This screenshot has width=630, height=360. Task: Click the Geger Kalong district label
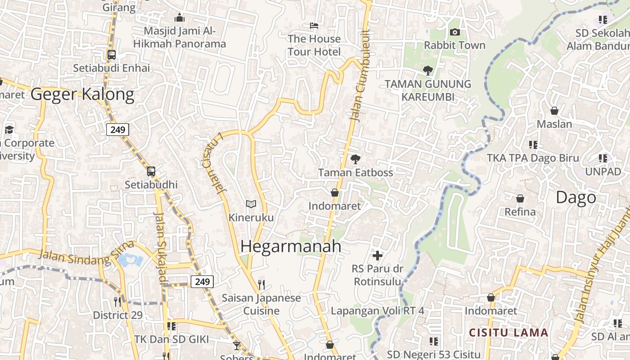pos(82,94)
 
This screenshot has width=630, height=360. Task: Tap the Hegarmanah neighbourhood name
pos(291,246)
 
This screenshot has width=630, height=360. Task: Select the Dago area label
pos(576,197)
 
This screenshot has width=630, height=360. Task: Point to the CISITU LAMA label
pos(508,333)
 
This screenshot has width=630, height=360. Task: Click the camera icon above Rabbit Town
pos(454,32)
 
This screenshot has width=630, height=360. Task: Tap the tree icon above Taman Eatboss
pos(355,159)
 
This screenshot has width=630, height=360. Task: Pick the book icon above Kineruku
pos(251,204)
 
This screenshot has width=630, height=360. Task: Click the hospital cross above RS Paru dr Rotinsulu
pos(377,256)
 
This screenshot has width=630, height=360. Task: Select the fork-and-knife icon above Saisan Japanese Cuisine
pos(261,284)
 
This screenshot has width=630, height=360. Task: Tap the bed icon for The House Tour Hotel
pos(314,25)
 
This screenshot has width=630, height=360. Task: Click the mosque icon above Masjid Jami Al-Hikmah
pos(180,18)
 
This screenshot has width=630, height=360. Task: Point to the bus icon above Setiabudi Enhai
pos(112,55)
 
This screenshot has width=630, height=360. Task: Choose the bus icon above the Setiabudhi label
pos(151,171)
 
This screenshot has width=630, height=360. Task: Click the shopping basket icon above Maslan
pos(554,110)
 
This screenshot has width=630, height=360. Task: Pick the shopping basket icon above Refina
pos(520,198)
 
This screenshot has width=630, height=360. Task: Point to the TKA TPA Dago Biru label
pos(533,158)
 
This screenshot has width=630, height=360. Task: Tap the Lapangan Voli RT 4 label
pos(377,310)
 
